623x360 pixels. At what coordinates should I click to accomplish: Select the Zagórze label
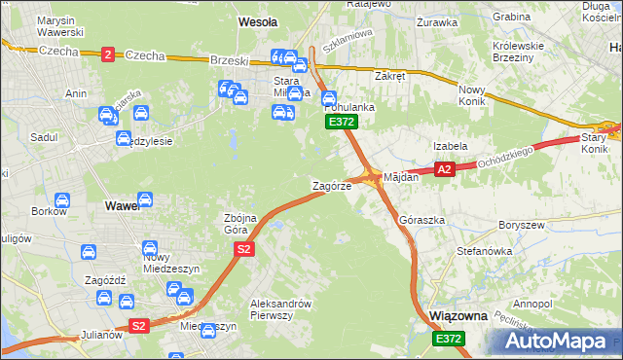click(x=331, y=185)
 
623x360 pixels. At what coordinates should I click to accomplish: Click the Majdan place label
click(x=401, y=178)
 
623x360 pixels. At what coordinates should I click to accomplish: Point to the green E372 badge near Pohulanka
click(x=342, y=122)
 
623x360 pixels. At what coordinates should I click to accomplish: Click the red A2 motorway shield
click(x=444, y=170)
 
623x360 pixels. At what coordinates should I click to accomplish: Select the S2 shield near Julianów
click(x=138, y=326)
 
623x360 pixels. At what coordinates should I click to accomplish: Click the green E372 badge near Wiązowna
click(x=449, y=338)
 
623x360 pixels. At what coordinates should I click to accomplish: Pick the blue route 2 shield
click(x=107, y=54)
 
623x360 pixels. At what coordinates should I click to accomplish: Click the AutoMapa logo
click(x=559, y=340)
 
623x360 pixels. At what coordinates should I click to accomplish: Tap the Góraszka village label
click(x=421, y=221)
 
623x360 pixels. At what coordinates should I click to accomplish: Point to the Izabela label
click(x=451, y=146)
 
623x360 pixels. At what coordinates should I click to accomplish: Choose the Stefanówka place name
click(x=484, y=251)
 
